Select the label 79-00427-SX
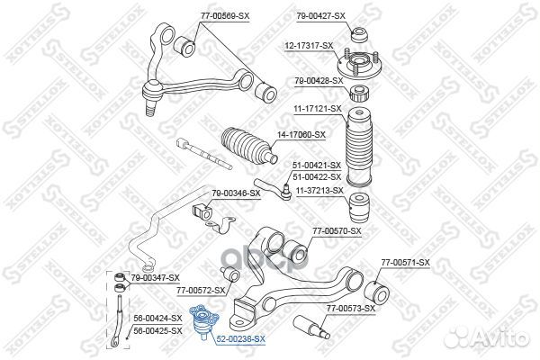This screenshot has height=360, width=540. click(320, 16)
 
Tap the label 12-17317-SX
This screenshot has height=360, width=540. click(310, 45)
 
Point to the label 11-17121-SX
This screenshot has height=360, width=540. click(317, 109)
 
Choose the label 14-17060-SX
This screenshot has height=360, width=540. click(301, 135)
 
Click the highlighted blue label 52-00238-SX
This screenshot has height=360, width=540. click(240, 338)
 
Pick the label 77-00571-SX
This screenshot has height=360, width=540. click(405, 262)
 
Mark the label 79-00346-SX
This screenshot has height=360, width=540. click(236, 193)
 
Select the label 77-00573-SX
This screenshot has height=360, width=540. click(350, 309)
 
